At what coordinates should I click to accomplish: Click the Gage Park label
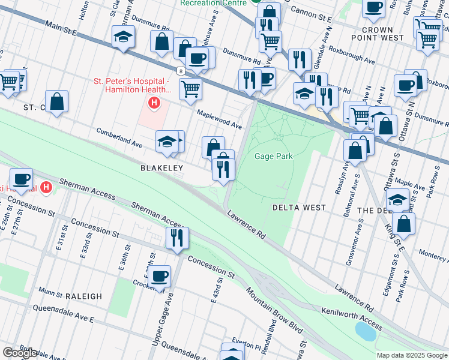[273, 157]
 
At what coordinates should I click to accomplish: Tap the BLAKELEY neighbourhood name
[161, 169]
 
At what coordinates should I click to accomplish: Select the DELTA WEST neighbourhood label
[299, 208]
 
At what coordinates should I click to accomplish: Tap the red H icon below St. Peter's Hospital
[155, 103]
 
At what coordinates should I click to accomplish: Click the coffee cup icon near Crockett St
[159, 276]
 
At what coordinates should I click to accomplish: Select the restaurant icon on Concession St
[178, 238]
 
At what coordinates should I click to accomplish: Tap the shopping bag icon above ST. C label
[56, 101]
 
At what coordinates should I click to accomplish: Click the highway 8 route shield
[181, 71]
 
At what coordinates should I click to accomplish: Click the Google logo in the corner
[20, 353]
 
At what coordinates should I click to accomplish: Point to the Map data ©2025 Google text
[412, 355]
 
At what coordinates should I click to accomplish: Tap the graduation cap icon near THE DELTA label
[397, 199]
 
